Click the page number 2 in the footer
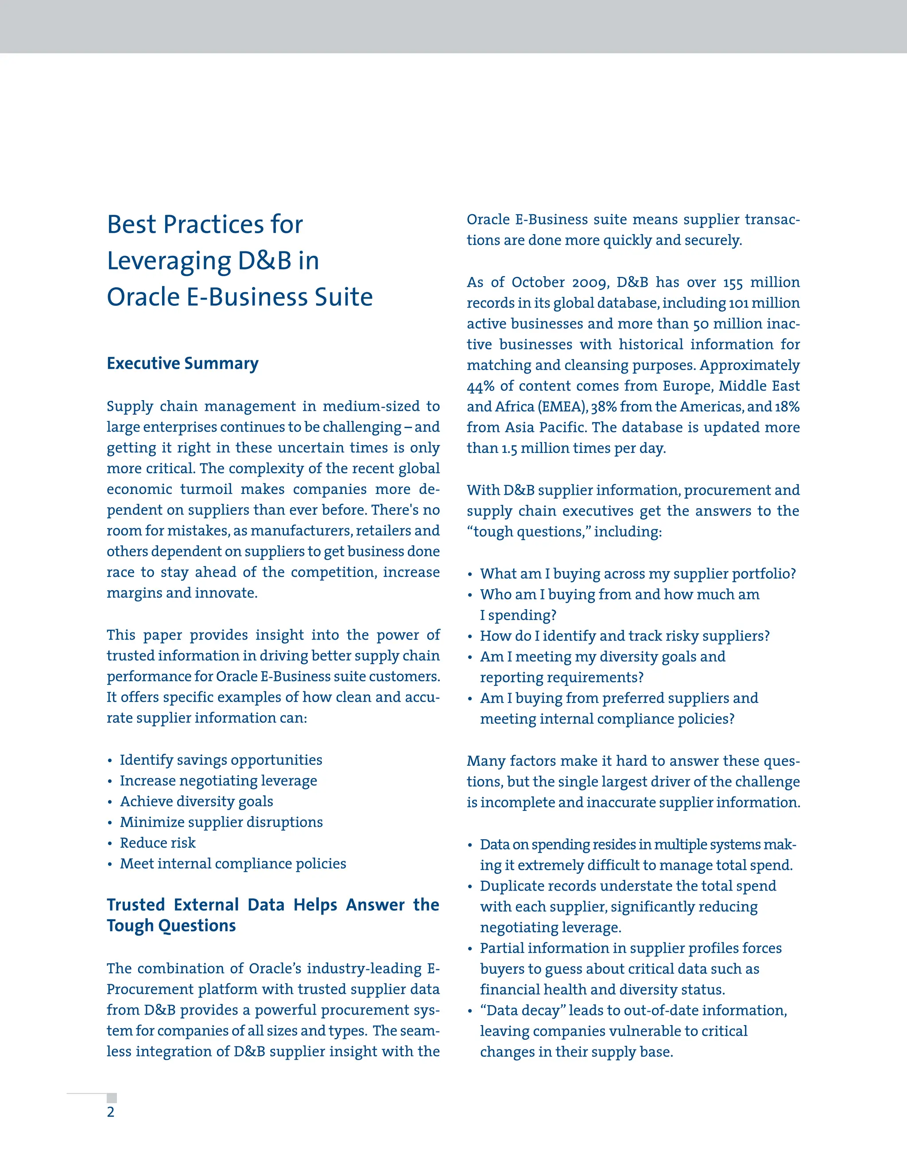tap(111, 1112)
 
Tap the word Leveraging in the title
tap(169, 262)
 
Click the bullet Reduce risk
tap(157, 843)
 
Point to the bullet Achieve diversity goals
tap(196, 801)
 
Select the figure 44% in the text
tap(481, 386)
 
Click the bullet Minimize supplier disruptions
tap(221, 822)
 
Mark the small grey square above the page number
tap(112, 1098)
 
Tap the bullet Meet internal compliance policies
tap(233, 864)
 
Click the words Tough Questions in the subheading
tap(171, 926)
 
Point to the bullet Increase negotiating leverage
tap(218, 781)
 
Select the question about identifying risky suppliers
tap(624, 636)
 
